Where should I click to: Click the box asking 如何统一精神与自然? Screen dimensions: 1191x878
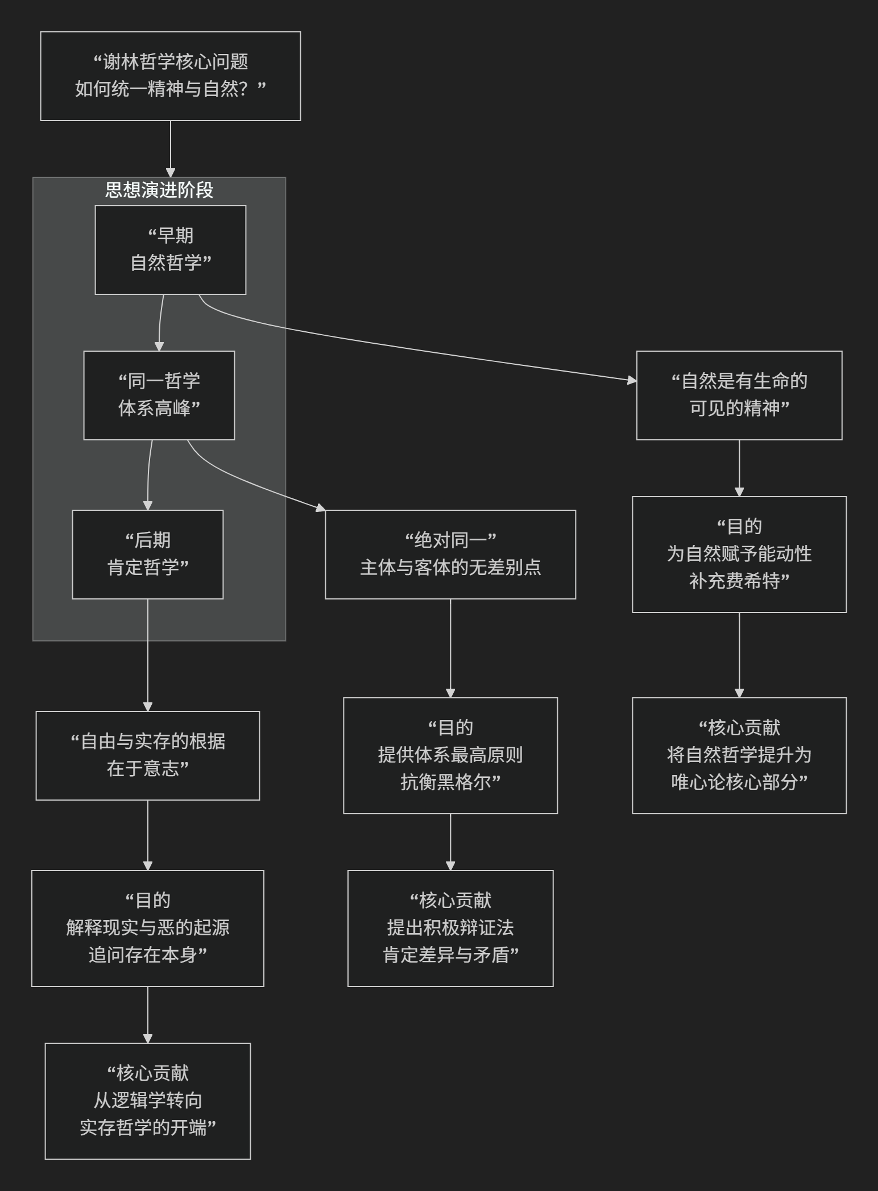click(170, 76)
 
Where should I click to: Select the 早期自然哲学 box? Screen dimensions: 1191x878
click(170, 250)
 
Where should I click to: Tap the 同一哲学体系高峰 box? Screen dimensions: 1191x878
click(159, 395)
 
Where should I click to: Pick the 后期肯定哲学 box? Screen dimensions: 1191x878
click(147, 555)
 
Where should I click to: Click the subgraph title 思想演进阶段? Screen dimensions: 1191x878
click(159, 190)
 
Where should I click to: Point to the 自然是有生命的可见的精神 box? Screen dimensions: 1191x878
click(739, 395)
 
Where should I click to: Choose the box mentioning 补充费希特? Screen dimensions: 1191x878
click(739, 555)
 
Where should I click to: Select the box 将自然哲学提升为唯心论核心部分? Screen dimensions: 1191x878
click(739, 756)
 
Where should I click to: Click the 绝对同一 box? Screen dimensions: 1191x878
click(450, 555)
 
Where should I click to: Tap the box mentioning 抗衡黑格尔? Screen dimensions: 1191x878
click(450, 756)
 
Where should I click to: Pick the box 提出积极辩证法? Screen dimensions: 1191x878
click(450, 928)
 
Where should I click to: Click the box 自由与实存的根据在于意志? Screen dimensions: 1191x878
click(147, 756)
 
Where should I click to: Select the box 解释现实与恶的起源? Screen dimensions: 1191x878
click(147, 928)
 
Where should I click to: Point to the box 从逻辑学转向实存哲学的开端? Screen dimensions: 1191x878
click(147, 1101)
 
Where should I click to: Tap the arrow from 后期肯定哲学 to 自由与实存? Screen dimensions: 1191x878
click(148, 653)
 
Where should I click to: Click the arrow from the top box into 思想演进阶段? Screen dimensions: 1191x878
click(170, 148)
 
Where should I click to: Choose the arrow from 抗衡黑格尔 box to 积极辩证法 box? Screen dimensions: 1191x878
click(450, 841)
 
